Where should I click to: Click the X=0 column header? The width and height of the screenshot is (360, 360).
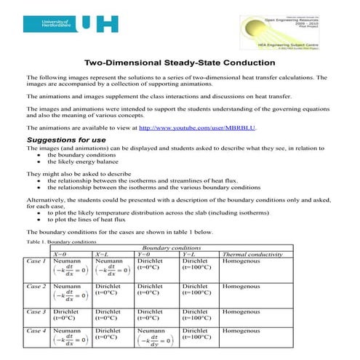tap(63, 254)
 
